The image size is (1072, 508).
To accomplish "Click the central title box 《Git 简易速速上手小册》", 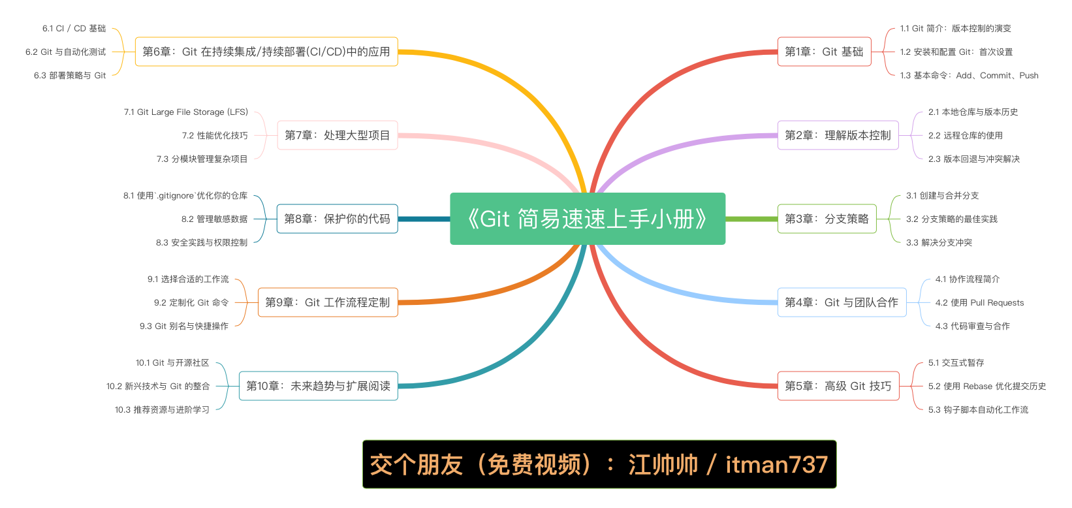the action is tap(588, 219).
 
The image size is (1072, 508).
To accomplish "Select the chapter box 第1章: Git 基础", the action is tap(824, 52).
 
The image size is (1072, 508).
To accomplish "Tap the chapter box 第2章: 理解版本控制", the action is tap(838, 135).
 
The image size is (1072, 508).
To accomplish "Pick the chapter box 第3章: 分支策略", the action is tap(827, 219).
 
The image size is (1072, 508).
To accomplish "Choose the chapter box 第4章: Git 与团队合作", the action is tap(842, 302).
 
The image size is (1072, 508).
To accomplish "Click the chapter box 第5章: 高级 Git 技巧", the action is tap(838, 386).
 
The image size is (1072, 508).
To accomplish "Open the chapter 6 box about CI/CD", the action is tap(266, 52).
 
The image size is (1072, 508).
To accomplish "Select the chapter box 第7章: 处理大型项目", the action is tap(337, 135).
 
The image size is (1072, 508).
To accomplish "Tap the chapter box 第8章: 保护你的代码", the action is tap(337, 219).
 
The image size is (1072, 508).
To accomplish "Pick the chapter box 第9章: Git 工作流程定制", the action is tap(328, 302).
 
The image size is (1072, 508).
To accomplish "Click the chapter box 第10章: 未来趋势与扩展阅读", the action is tap(318, 386).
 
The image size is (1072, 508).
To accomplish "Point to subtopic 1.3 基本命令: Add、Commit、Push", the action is tap(969, 76).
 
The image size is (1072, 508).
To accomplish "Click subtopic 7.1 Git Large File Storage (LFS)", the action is tap(186, 112).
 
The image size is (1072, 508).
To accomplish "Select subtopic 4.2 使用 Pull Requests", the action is tap(979, 303).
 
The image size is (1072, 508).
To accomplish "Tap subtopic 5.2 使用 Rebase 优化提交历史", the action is tap(987, 387).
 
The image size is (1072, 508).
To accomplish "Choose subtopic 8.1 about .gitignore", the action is tap(185, 196).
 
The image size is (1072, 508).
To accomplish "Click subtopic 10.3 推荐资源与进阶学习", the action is tap(162, 410).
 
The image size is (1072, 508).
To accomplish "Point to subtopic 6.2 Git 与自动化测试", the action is tap(65, 52).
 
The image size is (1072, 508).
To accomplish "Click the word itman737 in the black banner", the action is tap(776, 464).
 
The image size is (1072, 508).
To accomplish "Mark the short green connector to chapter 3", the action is tap(751, 219).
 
